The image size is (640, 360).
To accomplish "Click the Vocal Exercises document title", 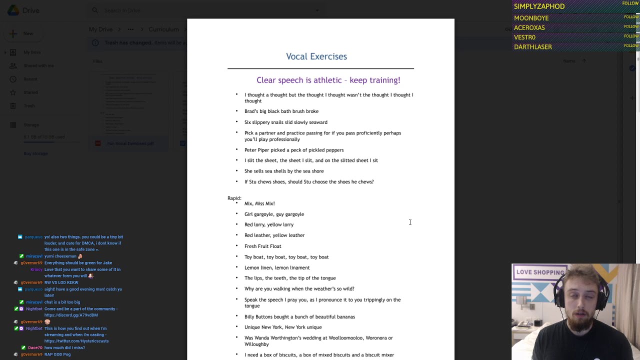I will pos(316,56).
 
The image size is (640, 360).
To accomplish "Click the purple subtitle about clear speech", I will pos(328,80).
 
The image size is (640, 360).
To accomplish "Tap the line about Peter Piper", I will pos(294,150).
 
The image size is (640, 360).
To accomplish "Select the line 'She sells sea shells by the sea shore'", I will pos(284,171).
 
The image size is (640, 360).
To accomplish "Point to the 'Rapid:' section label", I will pos(234,198).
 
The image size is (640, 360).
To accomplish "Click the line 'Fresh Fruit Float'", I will pos(263,246).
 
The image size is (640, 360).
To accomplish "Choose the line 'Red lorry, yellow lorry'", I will pos(269,224).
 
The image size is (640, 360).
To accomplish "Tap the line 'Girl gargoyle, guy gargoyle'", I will pos(274,214).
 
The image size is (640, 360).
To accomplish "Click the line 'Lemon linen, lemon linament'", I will pos(277,267).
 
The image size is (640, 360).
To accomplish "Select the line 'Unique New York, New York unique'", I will pos(283,327).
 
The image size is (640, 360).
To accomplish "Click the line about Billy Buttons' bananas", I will pos(299,316).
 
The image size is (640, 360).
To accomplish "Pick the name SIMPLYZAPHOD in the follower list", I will pos(539,6).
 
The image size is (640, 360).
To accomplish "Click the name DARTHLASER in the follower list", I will pos(533,47).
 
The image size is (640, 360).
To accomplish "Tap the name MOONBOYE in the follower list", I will pos(531,18).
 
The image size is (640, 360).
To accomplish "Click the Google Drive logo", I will pos(13,10).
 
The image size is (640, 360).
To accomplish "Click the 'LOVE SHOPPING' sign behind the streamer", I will pos(539,272).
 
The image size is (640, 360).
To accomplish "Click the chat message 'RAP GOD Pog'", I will pos(57,354).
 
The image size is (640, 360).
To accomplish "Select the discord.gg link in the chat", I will pos(71,315).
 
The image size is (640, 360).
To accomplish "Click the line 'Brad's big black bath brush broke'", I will pos(281,111).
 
